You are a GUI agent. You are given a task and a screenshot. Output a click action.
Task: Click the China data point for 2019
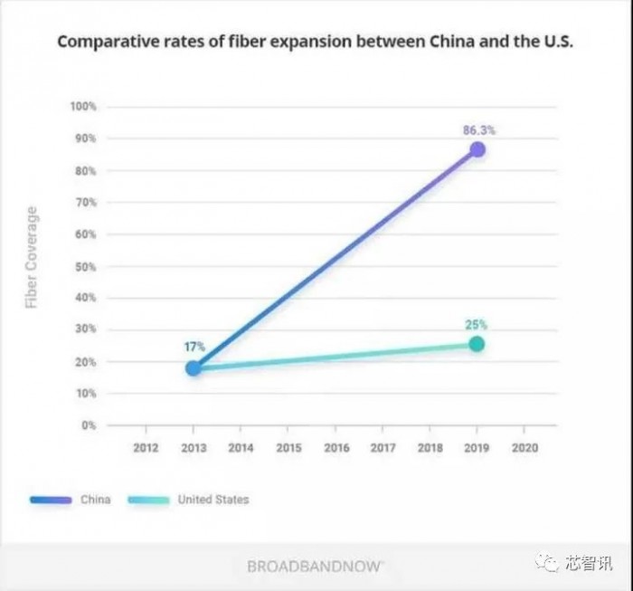[477, 149]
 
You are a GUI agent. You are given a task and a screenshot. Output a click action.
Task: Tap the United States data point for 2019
[477, 344]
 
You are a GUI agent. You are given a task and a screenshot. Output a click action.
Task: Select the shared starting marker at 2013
[193, 367]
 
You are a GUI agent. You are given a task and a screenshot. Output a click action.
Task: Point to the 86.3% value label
[478, 130]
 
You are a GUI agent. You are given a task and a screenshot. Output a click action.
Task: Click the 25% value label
[477, 325]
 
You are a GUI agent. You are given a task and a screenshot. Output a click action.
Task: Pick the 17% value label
[194, 347]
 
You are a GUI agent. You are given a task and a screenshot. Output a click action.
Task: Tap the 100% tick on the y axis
[82, 107]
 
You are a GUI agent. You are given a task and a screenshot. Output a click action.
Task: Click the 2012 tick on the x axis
[146, 447]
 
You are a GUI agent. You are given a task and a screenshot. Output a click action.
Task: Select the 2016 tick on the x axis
[335, 447]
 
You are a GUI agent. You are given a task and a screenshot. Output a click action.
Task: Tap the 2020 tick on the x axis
[524, 447]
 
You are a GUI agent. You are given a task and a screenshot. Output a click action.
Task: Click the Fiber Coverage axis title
[32, 257]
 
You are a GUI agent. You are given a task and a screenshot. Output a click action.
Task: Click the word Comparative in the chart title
[102, 42]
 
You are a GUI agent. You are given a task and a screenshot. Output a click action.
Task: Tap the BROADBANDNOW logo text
[316, 567]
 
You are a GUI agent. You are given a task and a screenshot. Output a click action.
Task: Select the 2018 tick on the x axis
[430, 447]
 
